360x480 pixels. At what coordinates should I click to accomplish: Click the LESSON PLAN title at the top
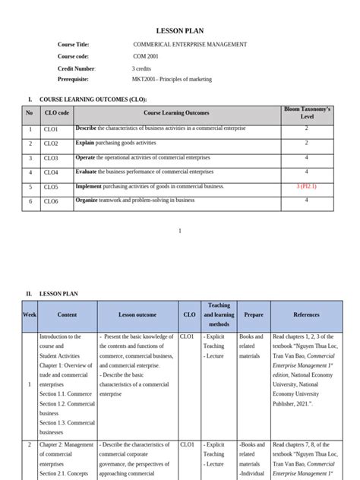pos(179,30)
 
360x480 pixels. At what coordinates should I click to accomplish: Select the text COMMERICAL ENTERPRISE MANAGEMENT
pos(189,45)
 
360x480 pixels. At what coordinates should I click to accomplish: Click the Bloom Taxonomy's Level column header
pos(307,113)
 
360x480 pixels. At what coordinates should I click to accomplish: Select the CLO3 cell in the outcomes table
pos(51,158)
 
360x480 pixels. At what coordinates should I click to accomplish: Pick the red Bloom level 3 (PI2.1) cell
pos(307,186)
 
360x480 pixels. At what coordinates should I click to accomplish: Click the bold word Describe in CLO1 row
pos(86,129)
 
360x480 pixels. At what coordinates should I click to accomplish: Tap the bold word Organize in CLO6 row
pos(87,201)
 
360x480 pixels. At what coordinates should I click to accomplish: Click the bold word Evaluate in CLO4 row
pos(86,172)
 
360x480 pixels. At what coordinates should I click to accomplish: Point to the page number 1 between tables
pos(179,230)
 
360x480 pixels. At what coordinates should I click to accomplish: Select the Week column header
pos(30,314)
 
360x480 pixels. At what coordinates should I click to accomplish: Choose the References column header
pos(306,314)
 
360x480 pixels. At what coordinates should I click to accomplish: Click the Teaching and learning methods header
pos(219,314)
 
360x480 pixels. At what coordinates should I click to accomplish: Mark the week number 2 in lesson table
pos(30,444)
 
